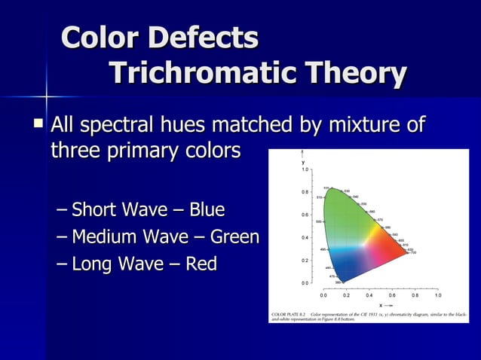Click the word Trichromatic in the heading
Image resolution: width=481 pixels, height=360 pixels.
tap(194, 74)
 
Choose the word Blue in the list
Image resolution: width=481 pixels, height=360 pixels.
tap(207, 209)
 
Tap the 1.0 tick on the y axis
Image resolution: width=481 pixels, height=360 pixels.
tap(305, 170)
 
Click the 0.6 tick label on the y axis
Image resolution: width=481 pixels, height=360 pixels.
tap(305, 215)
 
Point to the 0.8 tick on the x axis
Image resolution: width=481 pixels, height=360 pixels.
tap(415, 296)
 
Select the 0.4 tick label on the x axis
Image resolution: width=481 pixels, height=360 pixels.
tap(369, 296)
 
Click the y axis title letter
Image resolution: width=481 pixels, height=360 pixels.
tap(303, 162)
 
